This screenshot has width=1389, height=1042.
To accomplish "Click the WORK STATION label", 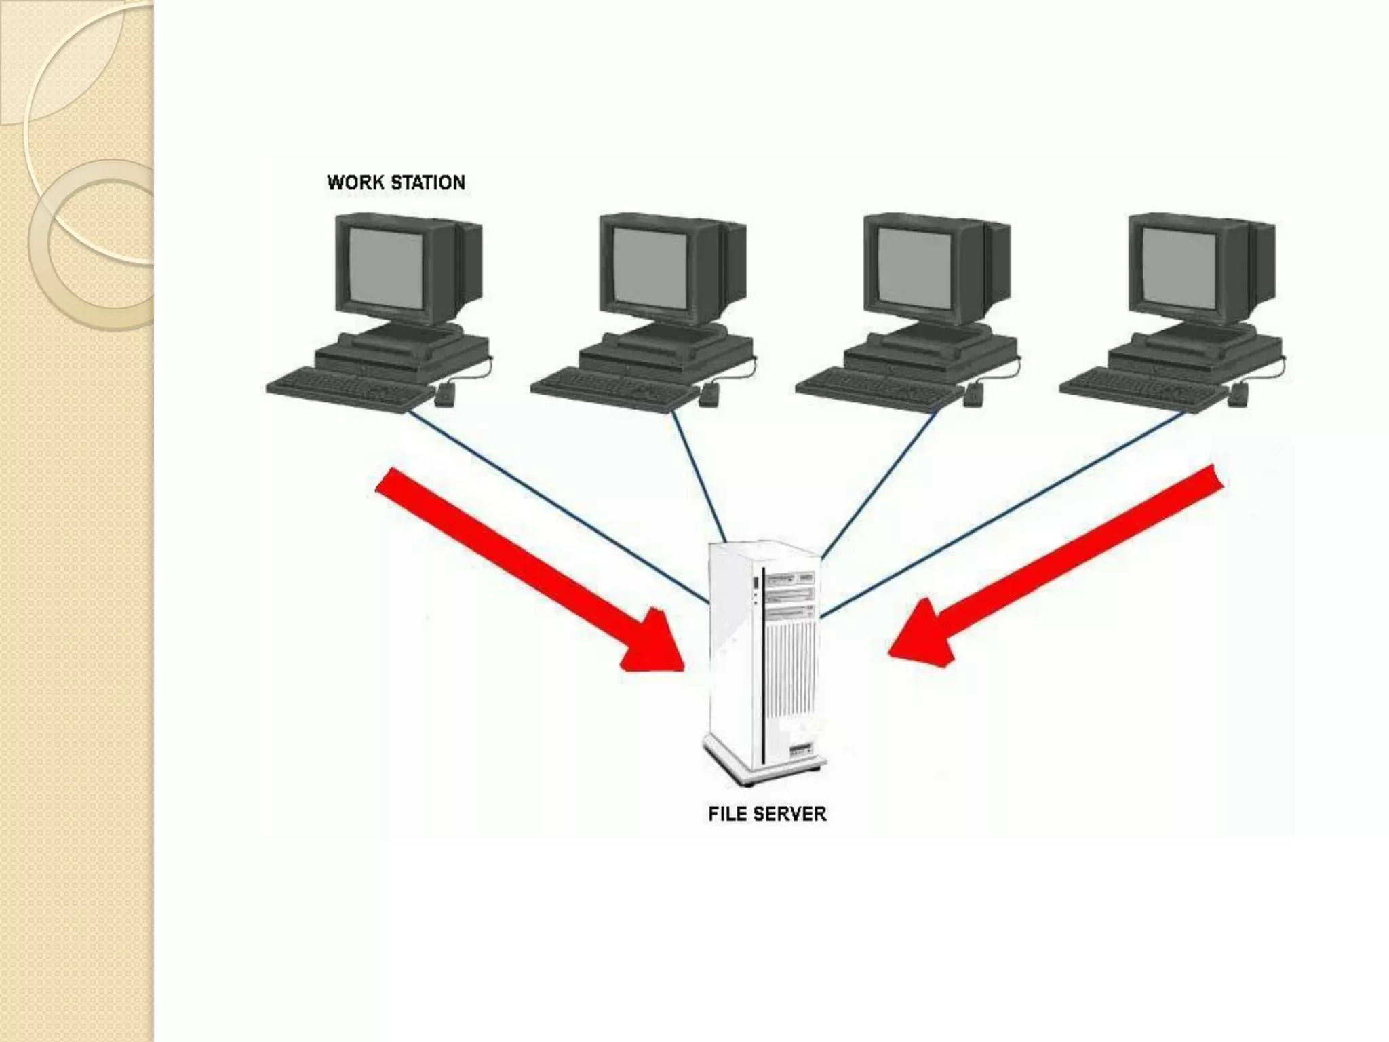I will tap(396, 182).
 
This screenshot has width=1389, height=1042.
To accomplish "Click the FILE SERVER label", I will tap(767, 813).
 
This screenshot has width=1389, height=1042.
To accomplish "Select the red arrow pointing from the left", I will tap(529, 570).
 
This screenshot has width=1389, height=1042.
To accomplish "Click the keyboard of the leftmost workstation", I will tap(349, 389).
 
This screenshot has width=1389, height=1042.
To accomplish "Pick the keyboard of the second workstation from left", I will tap(614, 389).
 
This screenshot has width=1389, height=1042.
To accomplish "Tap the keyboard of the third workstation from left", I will tap(878, 389).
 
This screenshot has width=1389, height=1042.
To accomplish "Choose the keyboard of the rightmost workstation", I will tap(1143, 389).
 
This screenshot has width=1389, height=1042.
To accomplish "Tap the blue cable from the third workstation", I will tap(882, 482).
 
